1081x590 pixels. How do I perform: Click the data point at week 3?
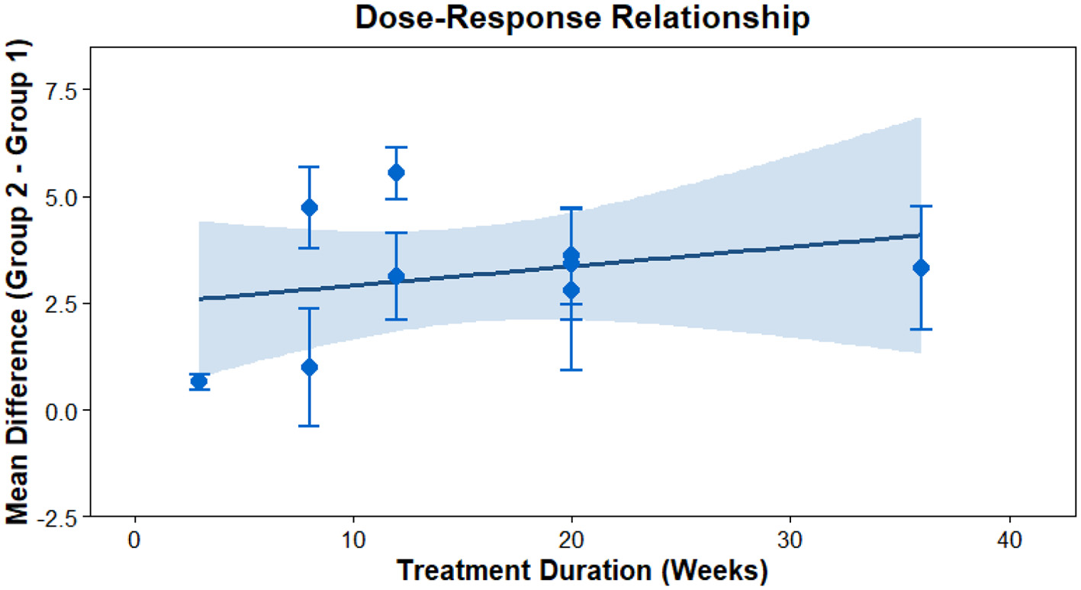[199, 382]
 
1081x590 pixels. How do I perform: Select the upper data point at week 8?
[309, 208]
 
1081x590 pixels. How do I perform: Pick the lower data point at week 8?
[309, 367]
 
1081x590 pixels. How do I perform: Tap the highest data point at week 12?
[396, 172]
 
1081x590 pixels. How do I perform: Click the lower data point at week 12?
[396, 276]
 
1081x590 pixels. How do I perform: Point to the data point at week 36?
[921, 267]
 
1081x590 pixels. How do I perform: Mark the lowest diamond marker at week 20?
[571, 290]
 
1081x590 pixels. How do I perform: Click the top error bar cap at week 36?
[921, 206]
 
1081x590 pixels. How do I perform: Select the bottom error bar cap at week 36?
[921, 329]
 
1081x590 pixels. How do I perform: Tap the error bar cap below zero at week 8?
[309, 426]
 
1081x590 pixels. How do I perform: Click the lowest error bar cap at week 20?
[571, 369]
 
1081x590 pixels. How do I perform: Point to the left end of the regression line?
[200, 298]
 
